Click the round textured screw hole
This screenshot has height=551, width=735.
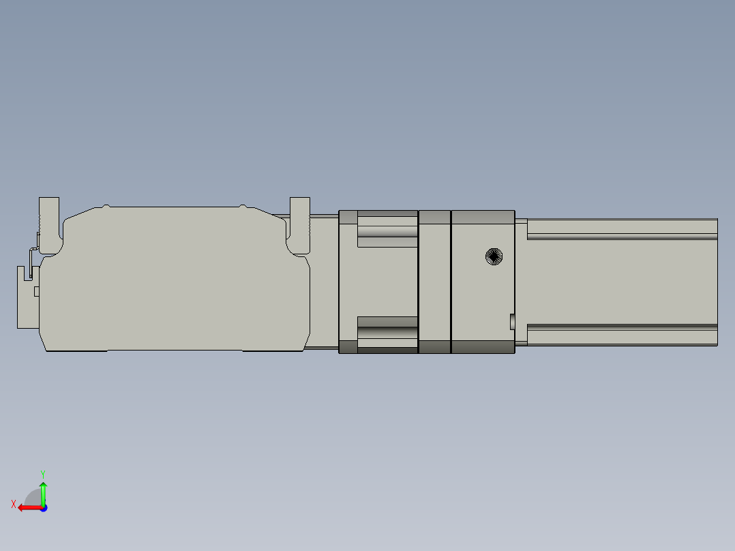coord(494,256)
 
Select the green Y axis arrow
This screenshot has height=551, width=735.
coord(43,492)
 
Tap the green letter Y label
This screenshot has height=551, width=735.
coord(43,473)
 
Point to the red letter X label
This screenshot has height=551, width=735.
coord(14,504)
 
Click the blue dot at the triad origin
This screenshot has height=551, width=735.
coord(43,507)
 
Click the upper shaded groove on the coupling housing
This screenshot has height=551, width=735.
coord(387,232)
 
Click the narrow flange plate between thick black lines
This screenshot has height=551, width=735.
coord(434,282)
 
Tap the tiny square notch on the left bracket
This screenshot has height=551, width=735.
coord(37,292)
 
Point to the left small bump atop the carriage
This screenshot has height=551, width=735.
coord(106,205)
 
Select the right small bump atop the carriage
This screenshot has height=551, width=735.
coord(243,205)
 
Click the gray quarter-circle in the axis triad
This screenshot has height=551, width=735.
coord(33,497)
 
